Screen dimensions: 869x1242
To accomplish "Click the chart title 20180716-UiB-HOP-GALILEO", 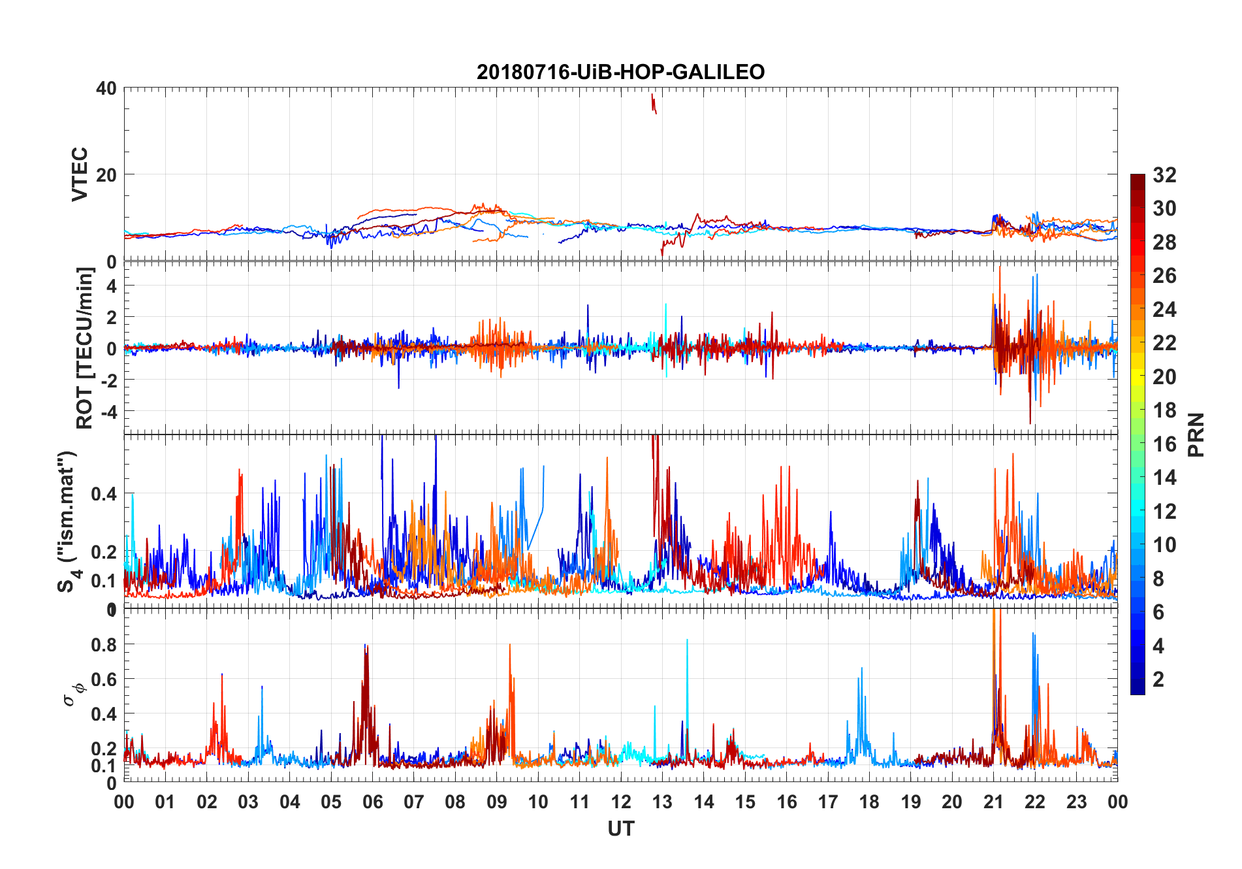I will coord(620,72).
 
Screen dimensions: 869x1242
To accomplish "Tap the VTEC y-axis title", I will coord(79,174).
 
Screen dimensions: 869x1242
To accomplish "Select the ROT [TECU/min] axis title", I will coord(84,348).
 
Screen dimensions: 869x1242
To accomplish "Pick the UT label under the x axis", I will coord(620,829).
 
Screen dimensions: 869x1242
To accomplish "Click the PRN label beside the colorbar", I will coord(1196,435).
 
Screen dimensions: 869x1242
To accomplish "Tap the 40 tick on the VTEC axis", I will coord(106,88).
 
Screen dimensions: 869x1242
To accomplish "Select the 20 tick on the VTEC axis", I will coord(106,175).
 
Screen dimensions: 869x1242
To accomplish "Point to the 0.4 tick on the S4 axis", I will coord(104,494).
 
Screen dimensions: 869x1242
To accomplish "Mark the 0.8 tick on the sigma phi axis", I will coord(104,645).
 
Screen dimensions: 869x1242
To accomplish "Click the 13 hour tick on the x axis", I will coord(662,802).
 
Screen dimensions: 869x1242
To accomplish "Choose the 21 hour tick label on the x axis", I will coord(993,802).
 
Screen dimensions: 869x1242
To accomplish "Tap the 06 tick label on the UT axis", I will coord(372,802).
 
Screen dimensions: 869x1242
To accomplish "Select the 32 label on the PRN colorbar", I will coord(1164,175).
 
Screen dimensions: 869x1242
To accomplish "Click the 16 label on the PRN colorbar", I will coord(1164,444).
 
